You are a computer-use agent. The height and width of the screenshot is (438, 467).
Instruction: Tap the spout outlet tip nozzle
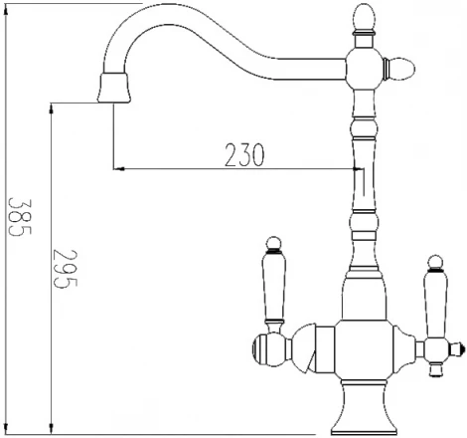[x=113, y=90]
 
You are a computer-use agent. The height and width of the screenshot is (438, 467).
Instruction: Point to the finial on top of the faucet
[x=362, y=18]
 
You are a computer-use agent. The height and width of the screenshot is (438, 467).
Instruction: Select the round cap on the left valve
[x=265, y=345]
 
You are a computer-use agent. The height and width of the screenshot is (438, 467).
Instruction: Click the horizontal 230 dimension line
[x=199, y=168]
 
